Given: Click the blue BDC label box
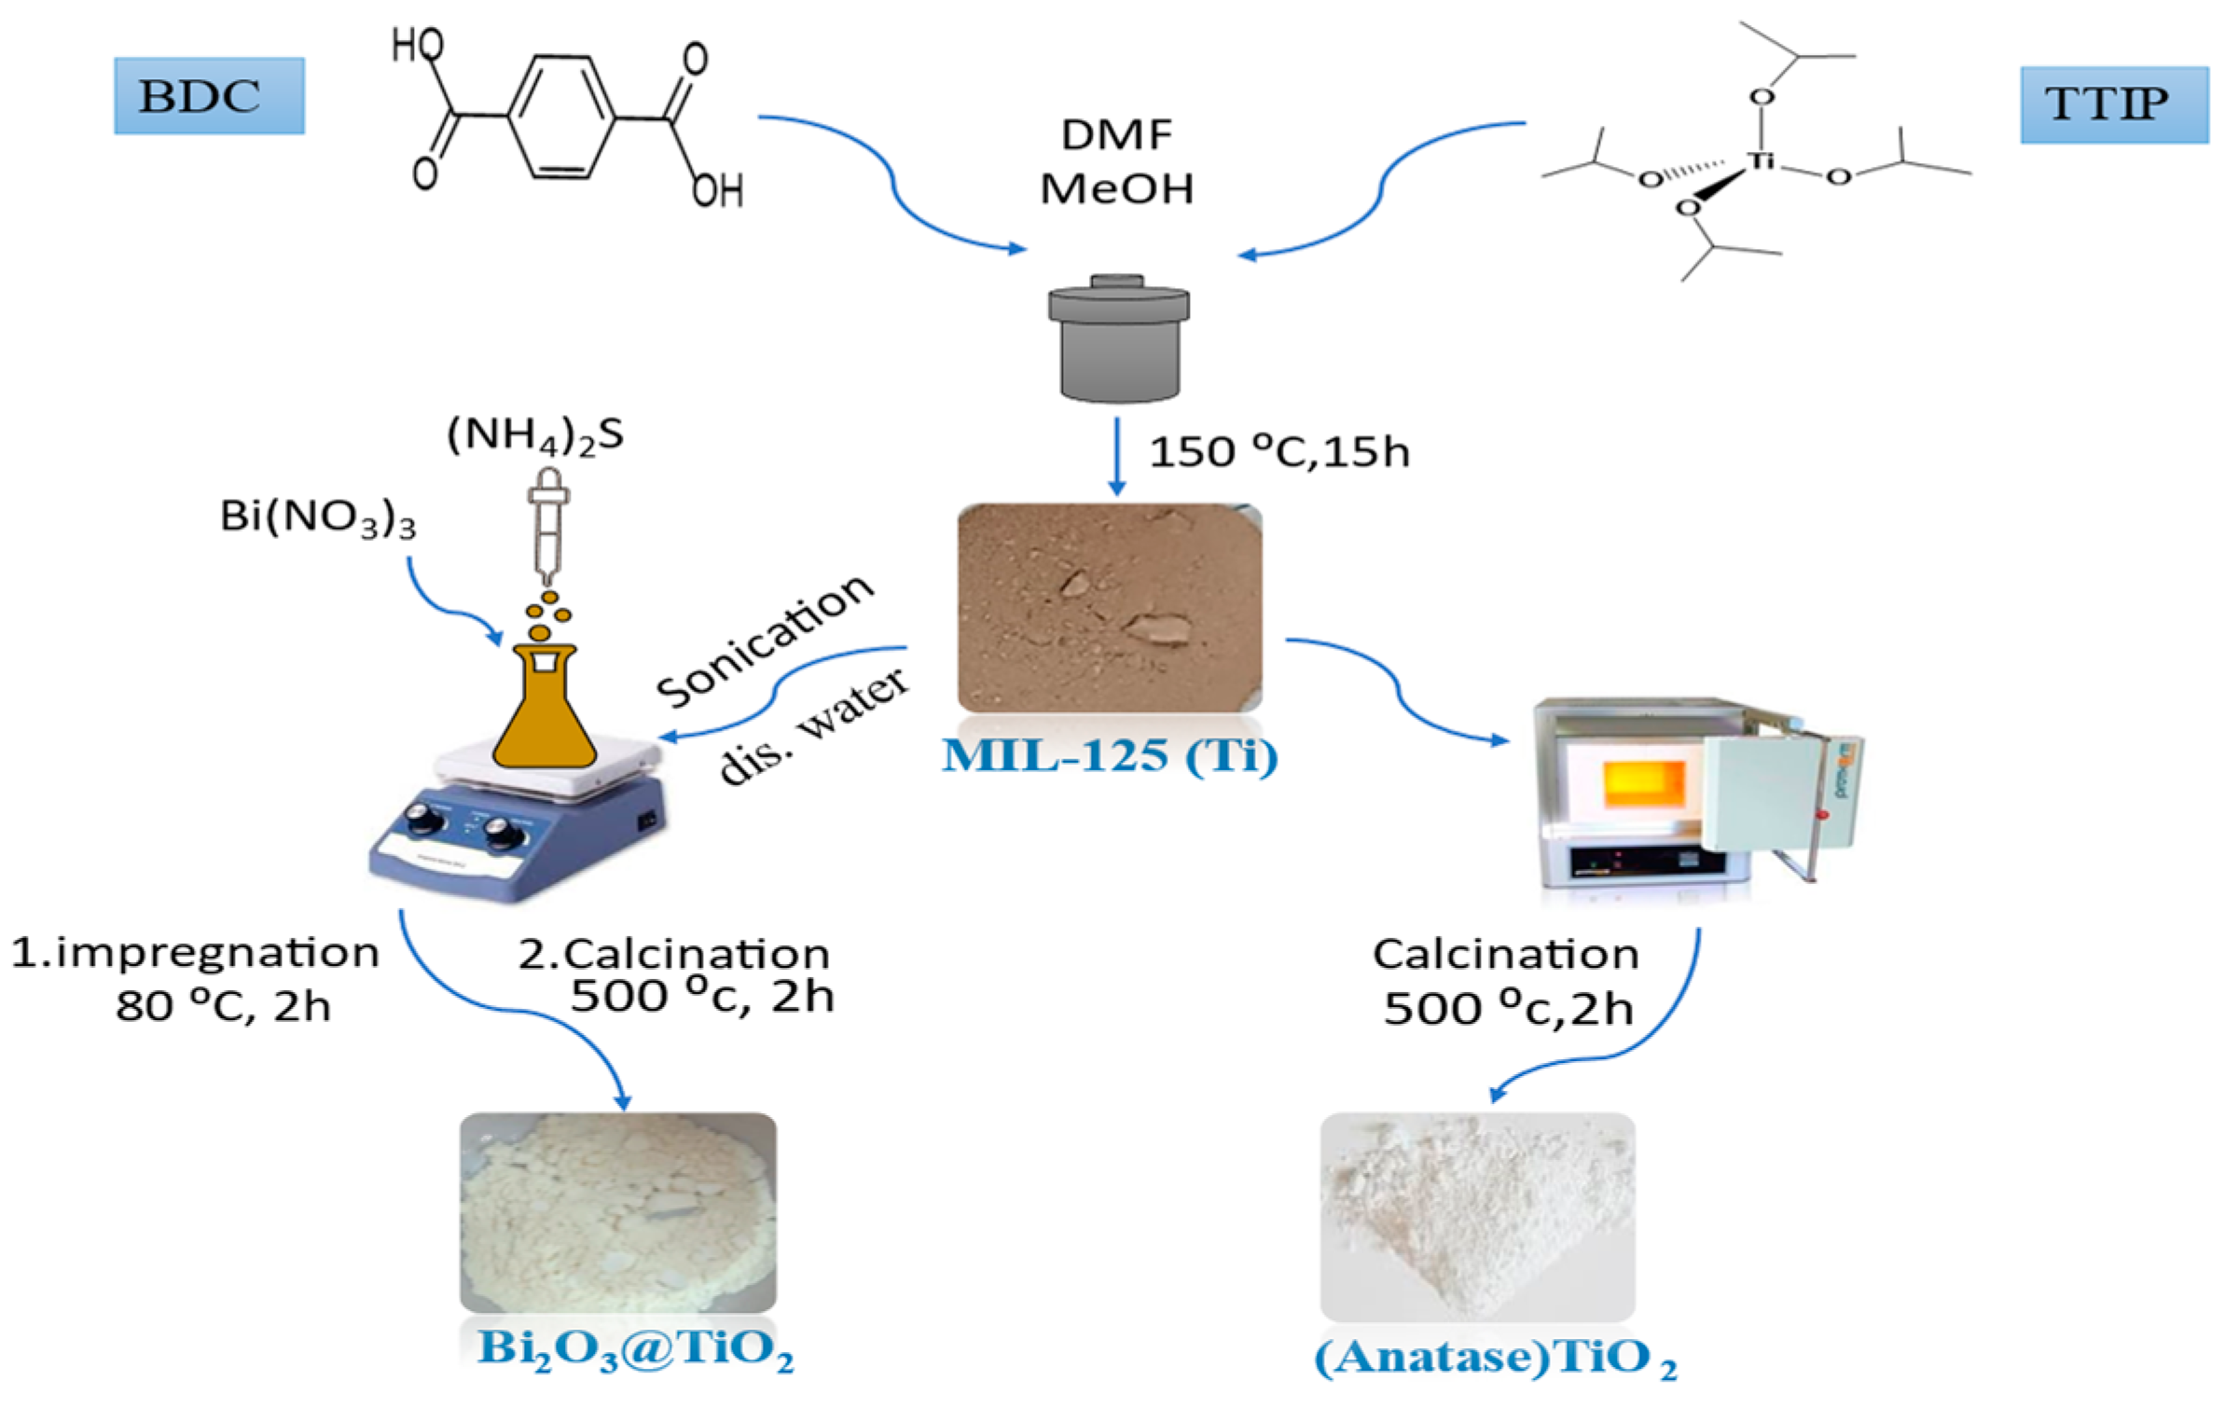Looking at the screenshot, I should click(x=209, y=96).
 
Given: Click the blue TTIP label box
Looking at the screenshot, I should click(x=2114, y=104).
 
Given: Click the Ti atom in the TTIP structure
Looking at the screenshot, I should click(x=1760, y=160).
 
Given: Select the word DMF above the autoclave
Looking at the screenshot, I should click(x=1116, y=135).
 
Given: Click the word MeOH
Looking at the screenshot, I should click(x=1116, y=189).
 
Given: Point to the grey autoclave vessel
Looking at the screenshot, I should click(x=1118, y=340).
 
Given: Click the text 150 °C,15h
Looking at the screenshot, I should click(x=1278, y=452).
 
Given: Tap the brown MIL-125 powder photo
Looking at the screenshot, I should click(x=1110, y=608).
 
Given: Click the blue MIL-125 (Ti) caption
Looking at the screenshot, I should click(x=1110, y=755).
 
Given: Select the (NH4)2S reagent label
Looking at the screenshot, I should click(x=535, y=435).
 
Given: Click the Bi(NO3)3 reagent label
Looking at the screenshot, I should click(x=317, y=516).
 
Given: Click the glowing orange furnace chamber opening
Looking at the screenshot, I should click(x=1643, y=783).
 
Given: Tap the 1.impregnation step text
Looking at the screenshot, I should click(x=196, y=954).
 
